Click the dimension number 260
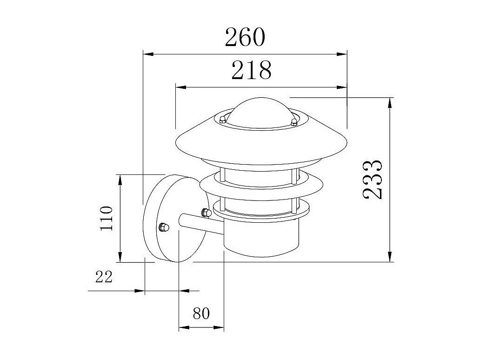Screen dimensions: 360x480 (x=245, y=37)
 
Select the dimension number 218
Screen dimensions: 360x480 (x=251, y=70)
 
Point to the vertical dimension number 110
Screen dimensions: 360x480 (x=106, y=218)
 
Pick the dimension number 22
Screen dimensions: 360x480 (x=104, y=277)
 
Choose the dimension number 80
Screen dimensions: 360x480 (x=201, y=313)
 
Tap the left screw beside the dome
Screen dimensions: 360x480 (x=223, y=118)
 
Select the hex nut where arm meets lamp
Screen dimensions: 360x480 (x=204, y=213)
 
